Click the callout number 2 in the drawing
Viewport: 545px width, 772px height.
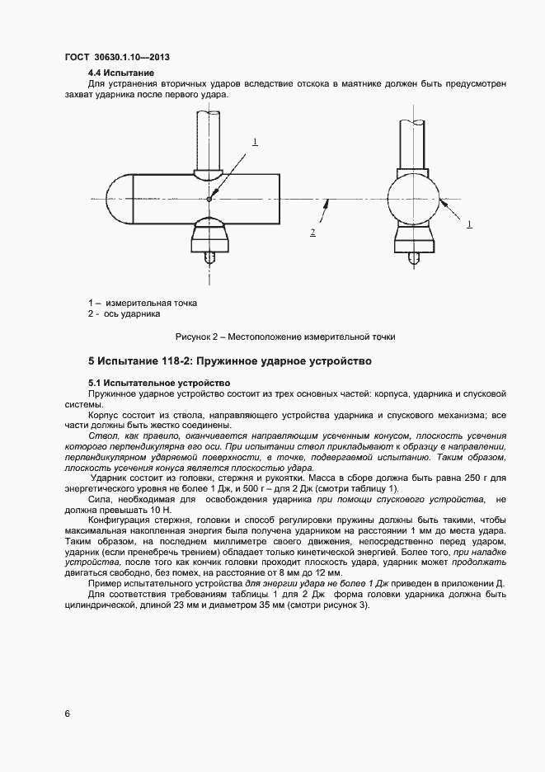(313, 233)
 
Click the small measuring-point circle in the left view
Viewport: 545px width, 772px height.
(209, 198)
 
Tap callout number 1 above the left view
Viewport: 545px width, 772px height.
(256, 142)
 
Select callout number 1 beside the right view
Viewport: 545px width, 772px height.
(469, 224)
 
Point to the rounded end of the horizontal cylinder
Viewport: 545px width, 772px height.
(122, 198)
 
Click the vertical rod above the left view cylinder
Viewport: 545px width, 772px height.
(209, 140)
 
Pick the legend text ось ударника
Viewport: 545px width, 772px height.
(132, 313)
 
